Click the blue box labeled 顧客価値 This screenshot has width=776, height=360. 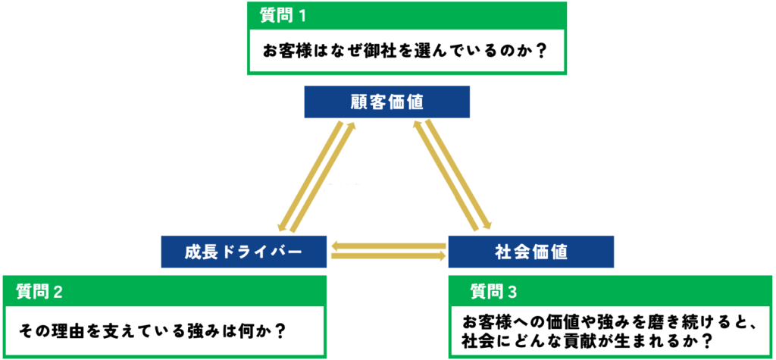(387, 102)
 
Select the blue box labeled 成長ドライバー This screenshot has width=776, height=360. (244, 252)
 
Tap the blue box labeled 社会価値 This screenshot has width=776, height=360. (531, 252)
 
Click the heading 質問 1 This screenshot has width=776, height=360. (283, 16)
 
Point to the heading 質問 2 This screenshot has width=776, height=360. (39, 291)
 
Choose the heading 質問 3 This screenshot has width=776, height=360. (493, 292)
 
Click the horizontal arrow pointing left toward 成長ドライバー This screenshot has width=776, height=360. (389, 246)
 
